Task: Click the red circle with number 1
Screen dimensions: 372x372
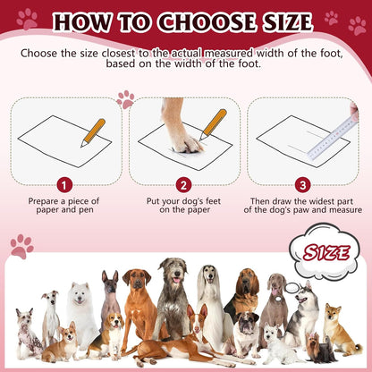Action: [x=63, y=185]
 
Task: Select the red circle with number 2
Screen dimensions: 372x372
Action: [x=183, y=185]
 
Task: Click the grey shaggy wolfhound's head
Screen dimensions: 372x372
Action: [x=172, y=271]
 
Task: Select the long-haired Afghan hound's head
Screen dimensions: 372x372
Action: [x=208, y=279]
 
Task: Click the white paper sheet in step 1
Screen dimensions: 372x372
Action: [x=57, y=139]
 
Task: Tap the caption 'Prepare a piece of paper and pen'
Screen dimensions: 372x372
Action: [x=63, y=207]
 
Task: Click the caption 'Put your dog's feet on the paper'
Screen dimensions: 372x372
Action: [x=184, y=207]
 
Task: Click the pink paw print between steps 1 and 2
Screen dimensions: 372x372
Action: [x=125, y=99]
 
